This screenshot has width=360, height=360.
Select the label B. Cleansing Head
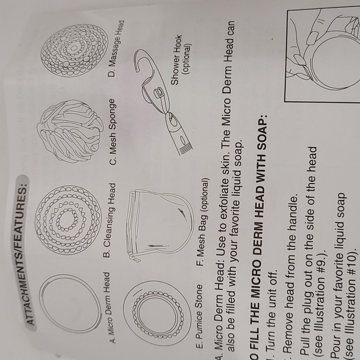coord(112,220)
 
